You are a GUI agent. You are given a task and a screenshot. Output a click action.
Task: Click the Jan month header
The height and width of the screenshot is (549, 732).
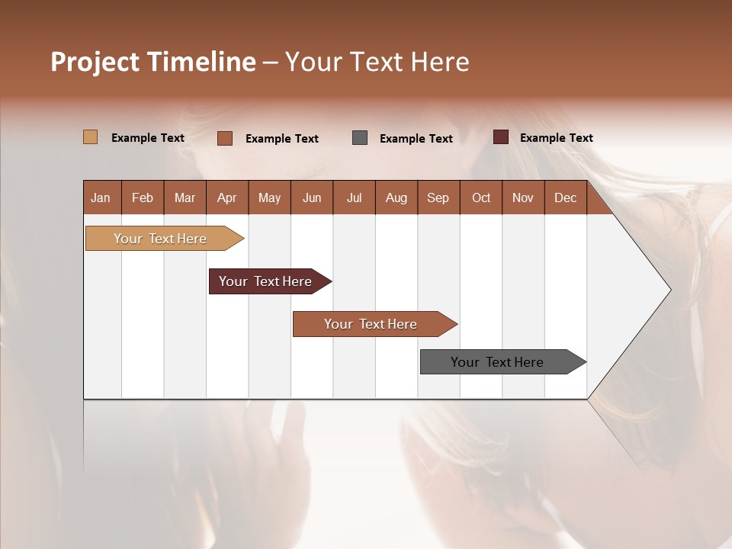point(101,197)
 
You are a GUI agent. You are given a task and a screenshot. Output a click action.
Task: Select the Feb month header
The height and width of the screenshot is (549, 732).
point(143,197)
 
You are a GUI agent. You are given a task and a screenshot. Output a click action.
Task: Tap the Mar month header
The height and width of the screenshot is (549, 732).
point(185,197)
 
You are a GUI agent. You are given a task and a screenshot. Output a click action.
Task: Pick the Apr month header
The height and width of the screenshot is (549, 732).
point(227,197)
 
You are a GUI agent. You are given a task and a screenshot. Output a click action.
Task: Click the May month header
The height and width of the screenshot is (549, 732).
point(269,197)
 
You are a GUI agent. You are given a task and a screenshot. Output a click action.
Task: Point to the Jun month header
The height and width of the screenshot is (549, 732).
point(312,197)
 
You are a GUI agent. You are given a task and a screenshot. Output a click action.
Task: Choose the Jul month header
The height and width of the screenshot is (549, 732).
point(354,197)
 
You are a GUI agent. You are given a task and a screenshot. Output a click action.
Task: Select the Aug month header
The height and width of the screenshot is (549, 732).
point(396,197)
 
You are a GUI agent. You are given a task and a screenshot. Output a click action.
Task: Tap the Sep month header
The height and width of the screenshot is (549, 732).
point(438,197)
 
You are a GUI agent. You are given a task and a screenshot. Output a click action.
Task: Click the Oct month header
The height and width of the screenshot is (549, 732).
point(481,197)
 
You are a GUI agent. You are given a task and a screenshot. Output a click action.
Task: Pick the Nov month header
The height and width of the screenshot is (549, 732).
point(523,197)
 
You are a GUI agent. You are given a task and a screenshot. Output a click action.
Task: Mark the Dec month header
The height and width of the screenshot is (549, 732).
point(566,197)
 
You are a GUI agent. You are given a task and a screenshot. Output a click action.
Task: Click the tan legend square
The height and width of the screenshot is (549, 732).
point(90,137)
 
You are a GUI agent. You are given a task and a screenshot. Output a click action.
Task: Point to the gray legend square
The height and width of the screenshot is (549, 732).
point(360,137)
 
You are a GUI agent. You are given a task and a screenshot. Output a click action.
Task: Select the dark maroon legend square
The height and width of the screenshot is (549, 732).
point(500,137)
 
